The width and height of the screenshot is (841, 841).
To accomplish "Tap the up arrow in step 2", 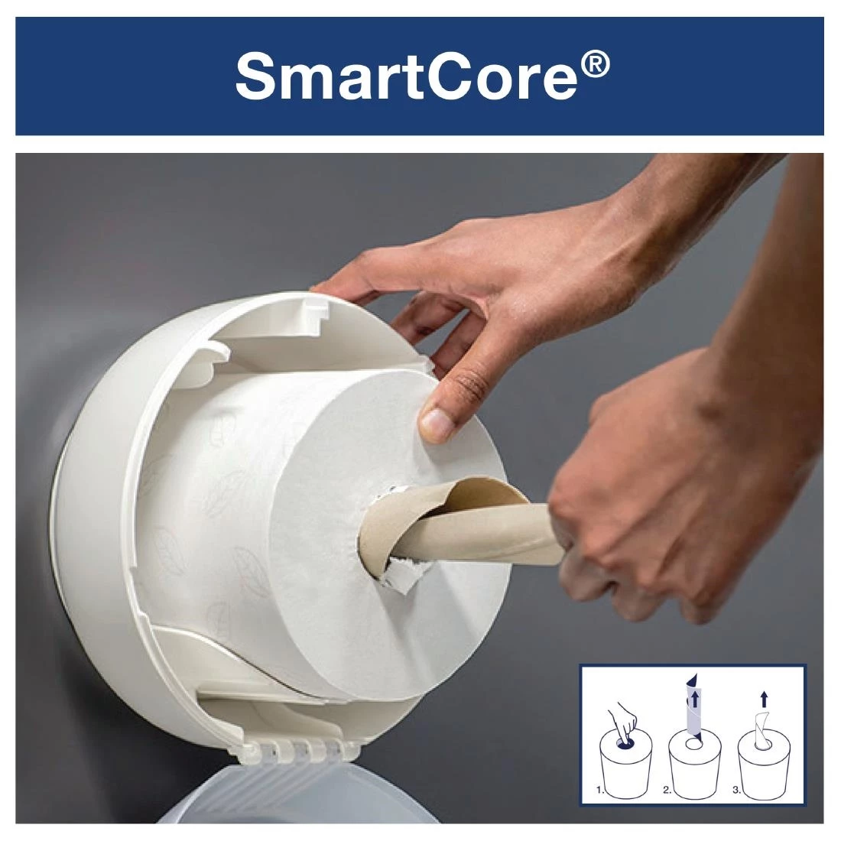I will coord(694,699).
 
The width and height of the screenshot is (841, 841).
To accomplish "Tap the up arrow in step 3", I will coord(763,698).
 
